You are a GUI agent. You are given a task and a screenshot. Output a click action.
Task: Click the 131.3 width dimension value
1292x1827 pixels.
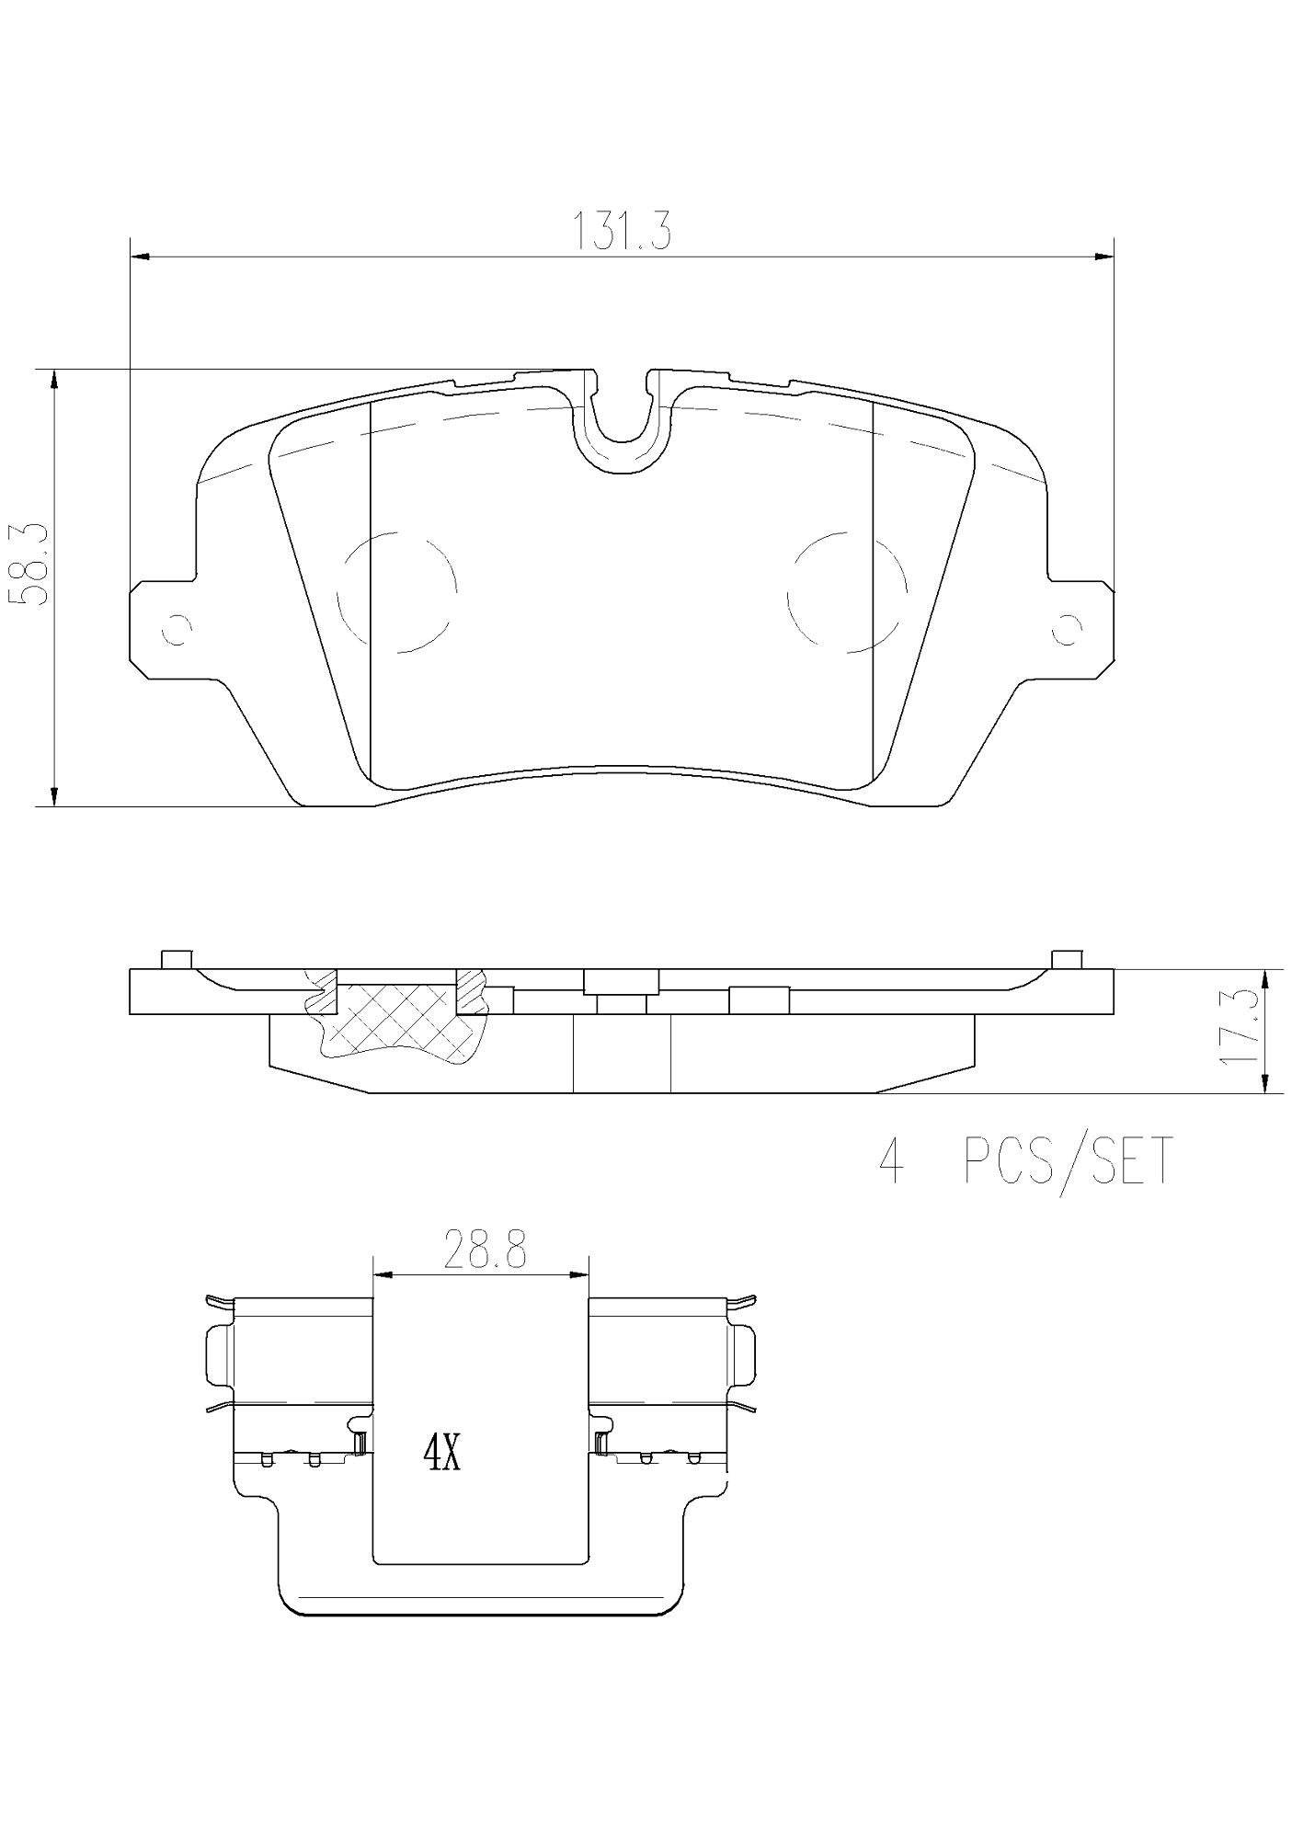pyautogui.click(x=623, y=231)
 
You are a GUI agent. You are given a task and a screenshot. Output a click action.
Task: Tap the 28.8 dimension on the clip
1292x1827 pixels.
pyautogui.click(x=484, y=1251)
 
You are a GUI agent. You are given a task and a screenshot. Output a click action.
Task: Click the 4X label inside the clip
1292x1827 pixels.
pyautogui.click(x=440, y=1455)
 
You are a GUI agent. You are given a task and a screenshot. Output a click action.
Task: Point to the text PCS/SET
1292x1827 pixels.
pyautogui.click(x=1069, y=1161)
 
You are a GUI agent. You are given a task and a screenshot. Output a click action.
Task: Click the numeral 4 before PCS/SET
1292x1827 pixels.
pyautogui.click(x=890, y=1162)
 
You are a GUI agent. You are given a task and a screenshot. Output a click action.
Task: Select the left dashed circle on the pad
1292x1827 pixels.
pyautogui.click(x=397, y=591)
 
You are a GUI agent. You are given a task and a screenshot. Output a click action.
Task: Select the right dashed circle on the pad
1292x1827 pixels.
pyautogui.click(x=847, y=591)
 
